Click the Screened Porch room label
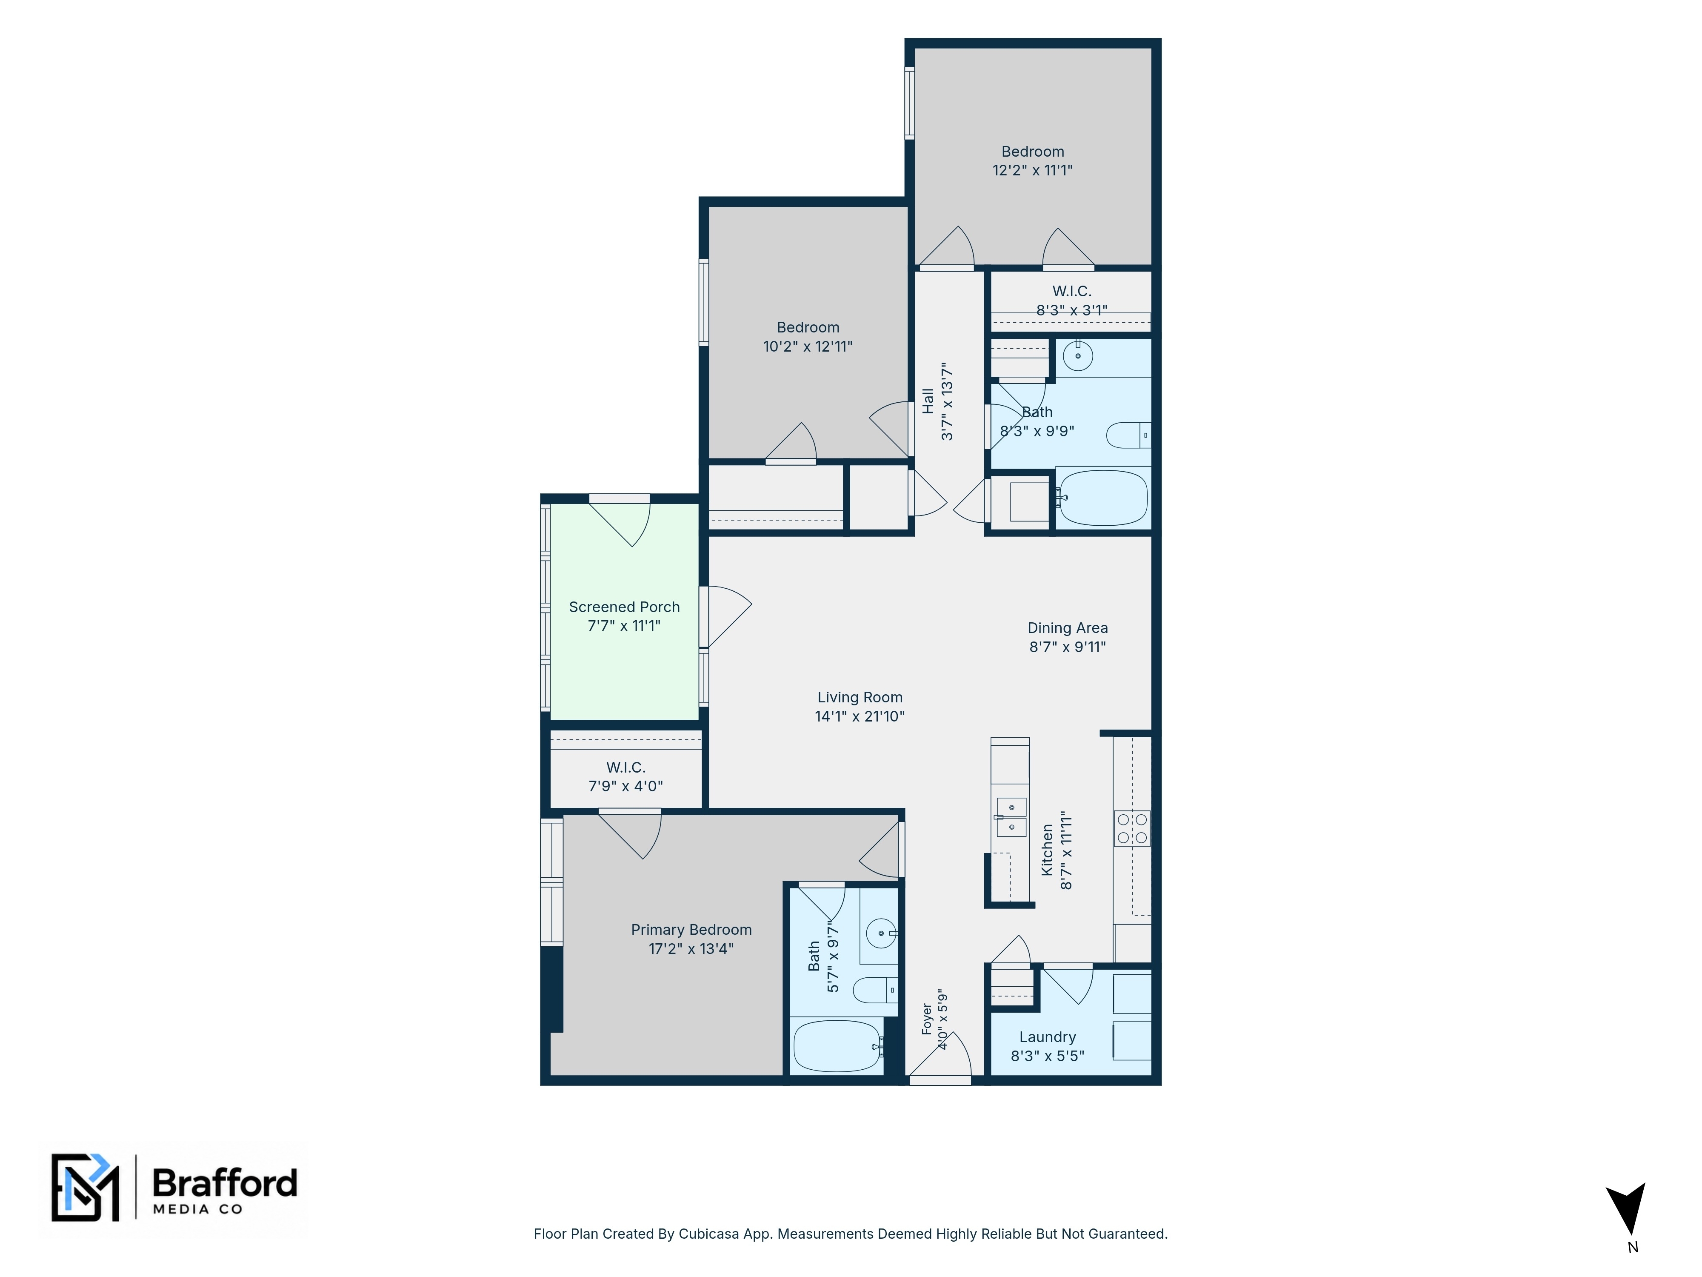(624, 607)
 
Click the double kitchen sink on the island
(1011, 817)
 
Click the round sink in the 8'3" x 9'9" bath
(1078, 355)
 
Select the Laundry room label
(1047, 1038)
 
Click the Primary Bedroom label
(691, 930)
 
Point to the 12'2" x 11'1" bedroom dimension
(1033, 171)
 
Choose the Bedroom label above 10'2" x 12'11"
(808, 328)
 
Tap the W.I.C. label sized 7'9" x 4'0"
(625, 767)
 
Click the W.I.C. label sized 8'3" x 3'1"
(1072, 292)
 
